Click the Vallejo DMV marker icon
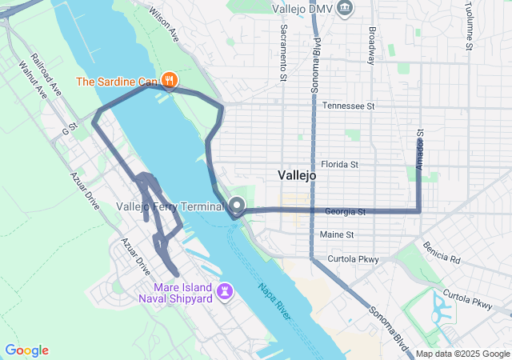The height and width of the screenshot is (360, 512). point(345,8)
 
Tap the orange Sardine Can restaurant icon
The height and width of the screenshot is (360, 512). point(169,80)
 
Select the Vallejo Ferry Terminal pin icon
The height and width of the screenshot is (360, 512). point(237,205)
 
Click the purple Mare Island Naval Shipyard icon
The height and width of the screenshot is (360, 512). point(226,290)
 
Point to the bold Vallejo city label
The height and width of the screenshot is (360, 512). point(298,174)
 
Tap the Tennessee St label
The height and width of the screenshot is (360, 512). point(348,106)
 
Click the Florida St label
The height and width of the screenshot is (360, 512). point(339,164)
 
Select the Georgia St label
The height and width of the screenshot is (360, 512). point(345,212)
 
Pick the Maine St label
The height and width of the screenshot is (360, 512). point(336,234)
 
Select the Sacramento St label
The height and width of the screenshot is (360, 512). point(283,51)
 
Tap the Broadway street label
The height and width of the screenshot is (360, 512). point(372,46)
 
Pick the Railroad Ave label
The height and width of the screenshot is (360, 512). point(48,74)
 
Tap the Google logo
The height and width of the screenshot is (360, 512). point(26,350)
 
